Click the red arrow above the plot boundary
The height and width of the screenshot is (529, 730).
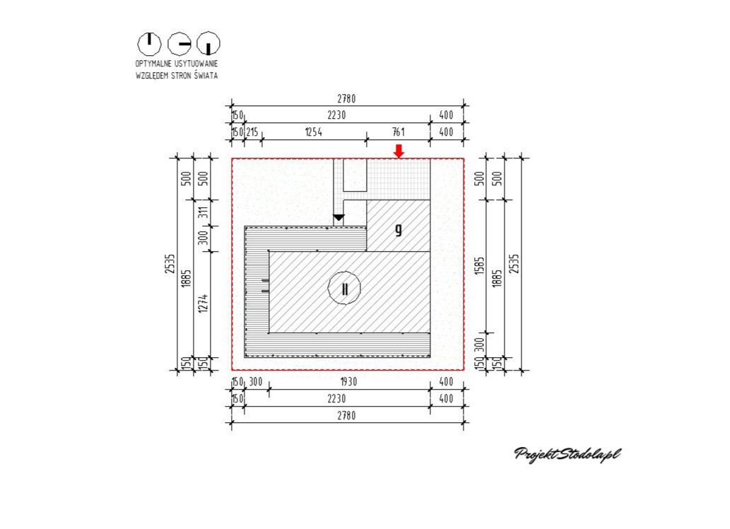[x=399, y=151]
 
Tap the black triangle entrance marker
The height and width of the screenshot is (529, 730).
[x=338, y=218]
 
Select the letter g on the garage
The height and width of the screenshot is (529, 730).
[x=398, y=230]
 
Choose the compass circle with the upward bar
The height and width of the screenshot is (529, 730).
[x=149, y=45]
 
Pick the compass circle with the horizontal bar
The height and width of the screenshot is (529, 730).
[x=179, y=45]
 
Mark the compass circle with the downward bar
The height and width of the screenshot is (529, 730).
[x=208, y=45]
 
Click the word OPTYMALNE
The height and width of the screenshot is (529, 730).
[x=153, y=64]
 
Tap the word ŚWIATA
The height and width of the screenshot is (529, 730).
[x=206, y=76]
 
